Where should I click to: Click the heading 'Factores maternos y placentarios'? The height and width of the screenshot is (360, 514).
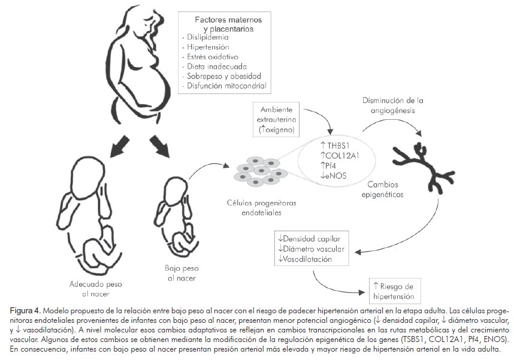[223, 24]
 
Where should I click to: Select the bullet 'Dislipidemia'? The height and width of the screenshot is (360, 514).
[207, 37]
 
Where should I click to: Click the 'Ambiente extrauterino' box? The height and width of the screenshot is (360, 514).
[278, 119]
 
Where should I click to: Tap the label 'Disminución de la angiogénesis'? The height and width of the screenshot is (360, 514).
[389, 105]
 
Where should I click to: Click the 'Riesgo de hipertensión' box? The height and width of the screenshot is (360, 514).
[392, 292]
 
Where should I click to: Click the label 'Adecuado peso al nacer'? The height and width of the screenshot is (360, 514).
[93, 289]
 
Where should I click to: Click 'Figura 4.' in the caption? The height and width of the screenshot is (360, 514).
[25, 310]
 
